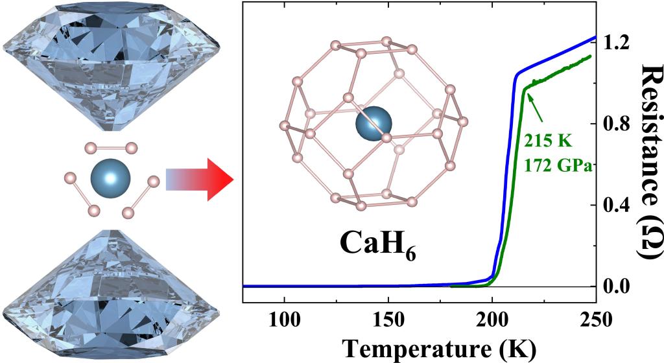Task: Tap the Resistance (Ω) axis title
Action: point(649,162)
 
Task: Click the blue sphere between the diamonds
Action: point(111,176)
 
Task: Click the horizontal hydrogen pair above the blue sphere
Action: point(111,146)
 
